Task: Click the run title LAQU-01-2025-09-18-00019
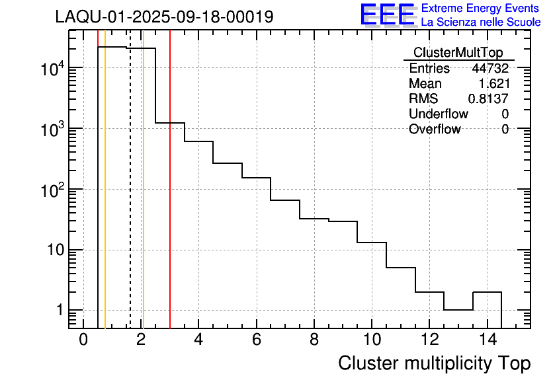[164, 17]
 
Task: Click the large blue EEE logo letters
[387, 15]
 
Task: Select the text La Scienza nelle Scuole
[481, 22]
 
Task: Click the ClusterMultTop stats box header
[458, 53]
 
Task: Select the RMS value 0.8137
[488, 99]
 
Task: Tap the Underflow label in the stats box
[438, 114]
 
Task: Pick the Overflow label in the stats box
[434, 130]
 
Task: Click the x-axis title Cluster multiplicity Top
[434, 363]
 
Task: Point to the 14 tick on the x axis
[487, 340]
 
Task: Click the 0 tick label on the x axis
[83, 340]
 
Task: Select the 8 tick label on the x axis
[314, 340]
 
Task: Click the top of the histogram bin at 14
[487, 292]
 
